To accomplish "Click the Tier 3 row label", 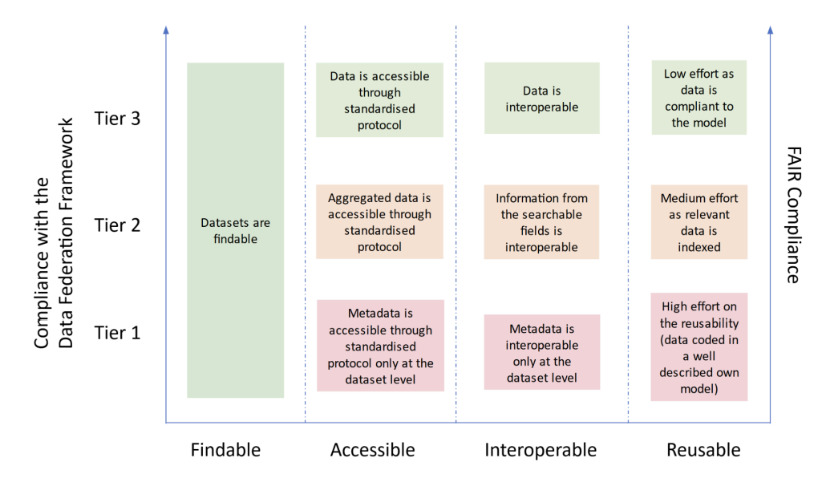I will click(117, 119).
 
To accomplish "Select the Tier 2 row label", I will click(117, 225).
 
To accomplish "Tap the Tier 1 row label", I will click(117, 332).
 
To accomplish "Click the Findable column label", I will click(225, 450).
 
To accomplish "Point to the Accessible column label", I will click(372, 450).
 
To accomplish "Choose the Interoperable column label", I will click(541, 450).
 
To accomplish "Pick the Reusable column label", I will click(703, 450).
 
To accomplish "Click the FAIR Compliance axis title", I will click(792, 215).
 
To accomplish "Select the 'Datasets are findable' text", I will click(235, 230).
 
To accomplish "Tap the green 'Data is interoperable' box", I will click(541, 99).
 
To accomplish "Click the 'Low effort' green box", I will click(698, 98).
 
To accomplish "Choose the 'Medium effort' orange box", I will click(699, 222).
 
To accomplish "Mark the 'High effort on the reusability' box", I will click(699, 346).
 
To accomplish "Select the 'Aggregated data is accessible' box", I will click(379, 222).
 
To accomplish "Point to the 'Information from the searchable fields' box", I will click(541, 222).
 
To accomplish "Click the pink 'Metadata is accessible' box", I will click(379, 346).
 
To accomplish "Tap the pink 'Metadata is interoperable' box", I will click(541, 352).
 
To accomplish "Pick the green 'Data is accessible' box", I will click(379, 100).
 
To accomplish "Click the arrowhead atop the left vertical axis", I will click(166, 30).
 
